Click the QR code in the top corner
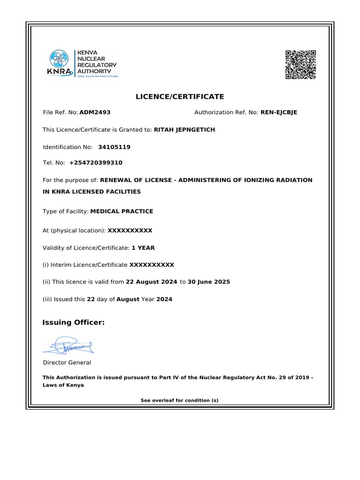[x=300, y=65]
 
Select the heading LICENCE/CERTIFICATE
[x=180, y=97]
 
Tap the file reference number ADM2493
[x=95, y=112]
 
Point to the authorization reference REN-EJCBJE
[x=278, y=112]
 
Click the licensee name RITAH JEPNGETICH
[x=184, y=130]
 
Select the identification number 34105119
[x=114, y=147]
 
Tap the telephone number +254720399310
[x=96, y=163]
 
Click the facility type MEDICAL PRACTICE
[x=121, y=211]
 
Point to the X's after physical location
[x=130, y=231]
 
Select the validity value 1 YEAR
[x=143, y=247]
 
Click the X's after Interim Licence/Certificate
[x=151, y=265]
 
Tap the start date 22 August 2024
[x=151, y=282]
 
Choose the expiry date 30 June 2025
[x=209, y=282]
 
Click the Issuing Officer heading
[x=74, y=322]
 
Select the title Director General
[x=67, y=362]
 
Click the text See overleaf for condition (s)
[x=180, y=400]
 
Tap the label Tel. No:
[x=53, y=163]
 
